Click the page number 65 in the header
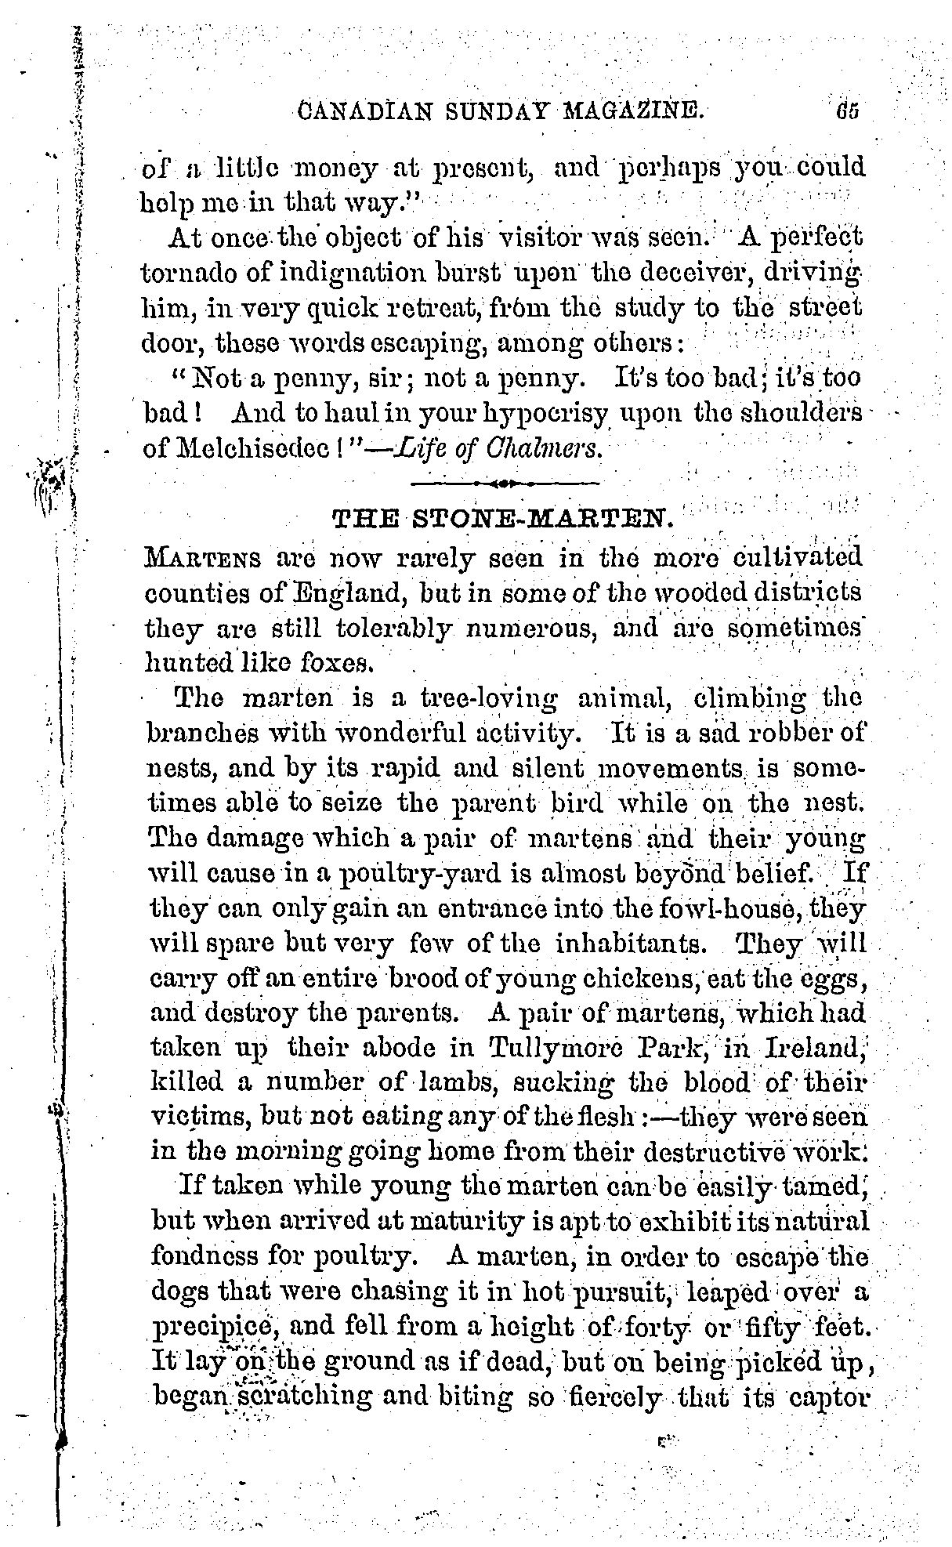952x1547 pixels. point(847,109)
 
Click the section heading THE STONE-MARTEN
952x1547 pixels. point(502,519)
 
